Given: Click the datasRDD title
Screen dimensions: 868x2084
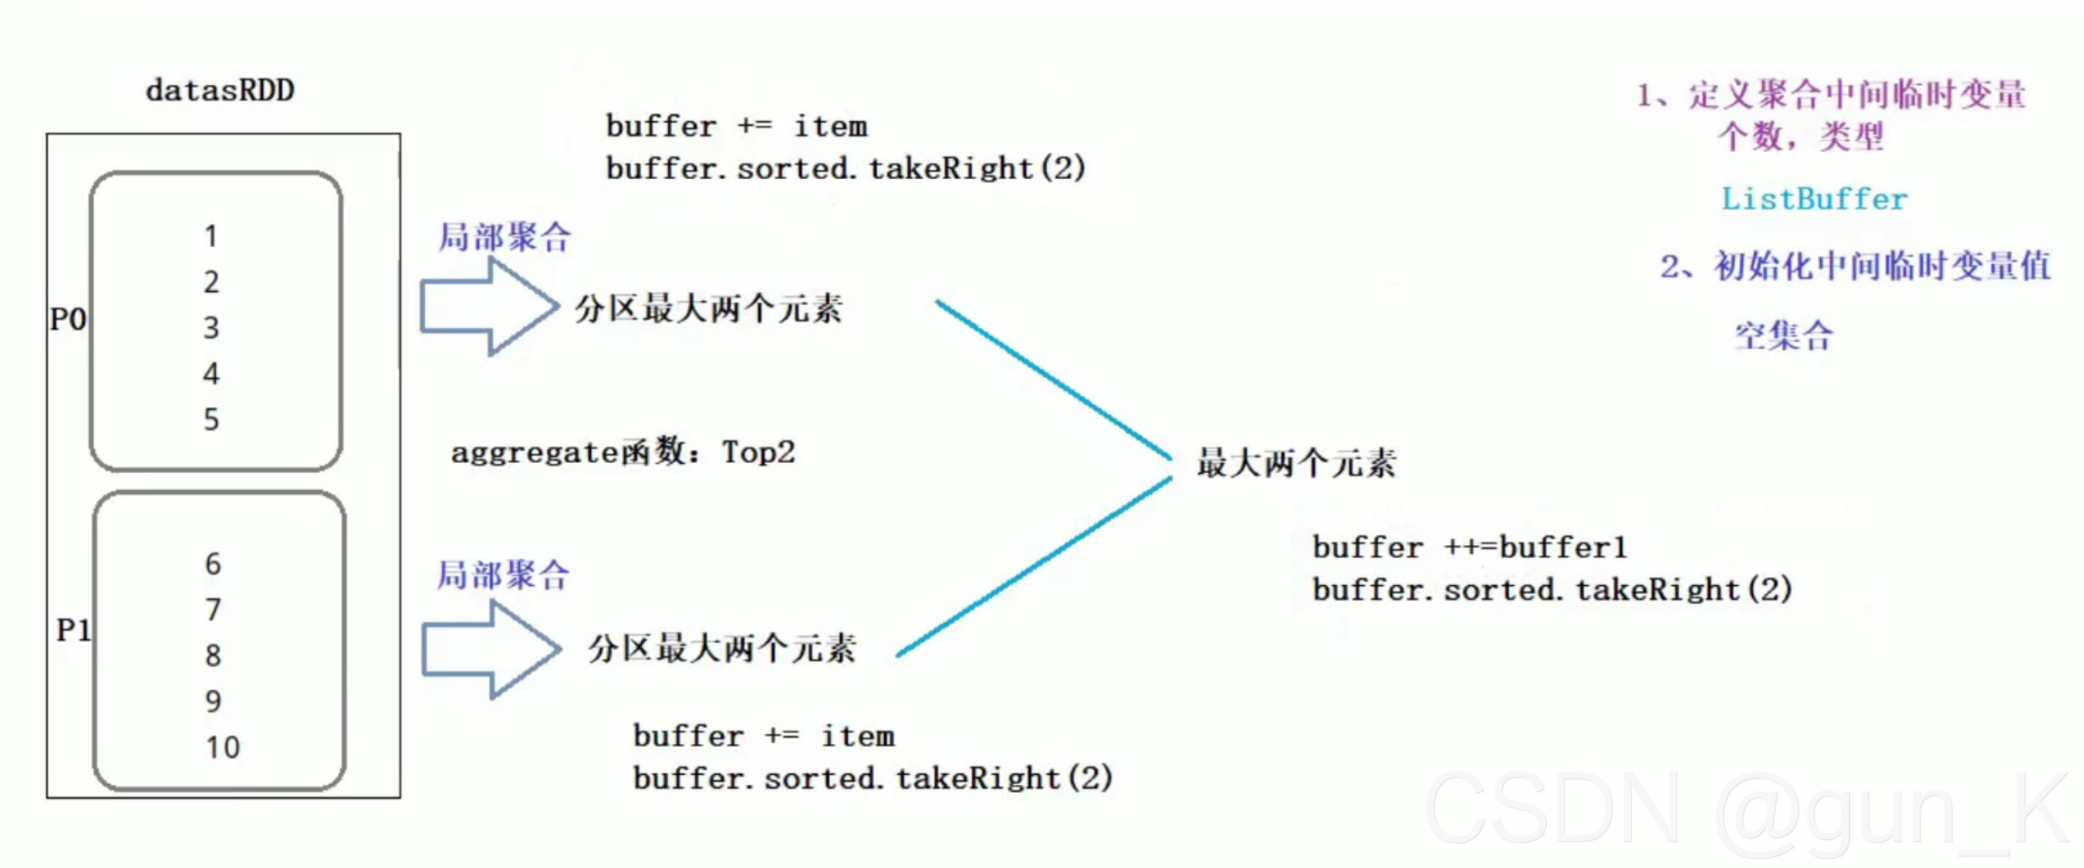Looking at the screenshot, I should tap(220, 90).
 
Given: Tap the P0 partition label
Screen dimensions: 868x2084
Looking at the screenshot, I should tap(68, 319).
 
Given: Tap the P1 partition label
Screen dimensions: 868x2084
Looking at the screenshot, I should tap(73, 629).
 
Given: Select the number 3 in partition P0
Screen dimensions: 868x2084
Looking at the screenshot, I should tap(211, 327).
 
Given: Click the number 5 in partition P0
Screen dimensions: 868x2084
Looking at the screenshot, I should tap(211, 420).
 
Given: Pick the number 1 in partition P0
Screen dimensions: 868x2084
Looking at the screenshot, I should tap(211, 236).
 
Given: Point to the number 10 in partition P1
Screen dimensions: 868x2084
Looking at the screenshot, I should tap(222, 748).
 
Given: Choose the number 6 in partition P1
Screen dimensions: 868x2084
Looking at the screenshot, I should tap(212, 564).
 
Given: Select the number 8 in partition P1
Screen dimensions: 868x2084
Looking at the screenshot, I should tap(212, 656).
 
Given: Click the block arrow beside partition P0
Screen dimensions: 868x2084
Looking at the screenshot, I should tap(488, 307).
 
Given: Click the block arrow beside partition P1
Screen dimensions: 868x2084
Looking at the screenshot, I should tap(490, 649).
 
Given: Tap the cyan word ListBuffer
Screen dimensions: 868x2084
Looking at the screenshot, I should tap(1814, 199).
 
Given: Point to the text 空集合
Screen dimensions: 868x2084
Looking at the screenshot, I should tap(1784, 335).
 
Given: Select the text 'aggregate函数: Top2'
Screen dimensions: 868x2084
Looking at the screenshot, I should tap(623, 451).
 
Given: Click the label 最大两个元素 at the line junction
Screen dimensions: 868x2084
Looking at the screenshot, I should tap(1297, 463).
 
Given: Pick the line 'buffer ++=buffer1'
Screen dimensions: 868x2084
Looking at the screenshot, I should tap(1469, 547).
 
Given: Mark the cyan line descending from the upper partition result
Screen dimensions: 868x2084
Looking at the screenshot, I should tap(1053, 380).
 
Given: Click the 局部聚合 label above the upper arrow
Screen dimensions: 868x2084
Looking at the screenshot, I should tap(504, 237).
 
